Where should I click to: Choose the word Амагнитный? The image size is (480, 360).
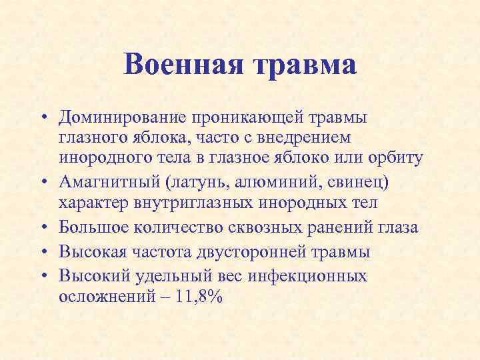click(111, 182)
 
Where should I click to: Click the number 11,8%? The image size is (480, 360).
click(201, 297)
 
